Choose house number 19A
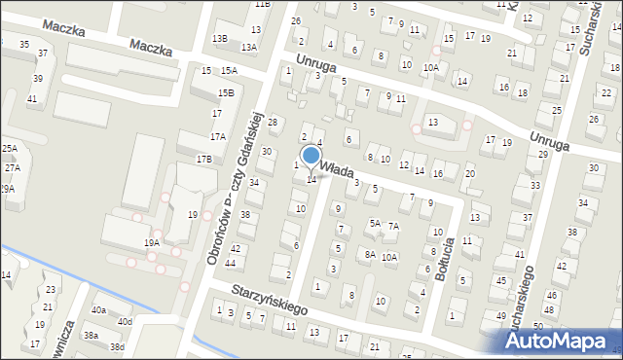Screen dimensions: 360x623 pos(152,242)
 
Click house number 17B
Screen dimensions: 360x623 pos(203,159)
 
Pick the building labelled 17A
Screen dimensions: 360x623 pos(217,137)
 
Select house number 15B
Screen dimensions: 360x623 pos(225,92)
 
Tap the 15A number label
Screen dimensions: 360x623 pos(228,71)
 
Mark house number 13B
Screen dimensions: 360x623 pos(220,38)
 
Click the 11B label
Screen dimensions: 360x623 pos(263,4)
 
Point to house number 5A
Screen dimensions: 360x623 pos(374,223)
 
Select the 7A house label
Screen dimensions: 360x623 pos(393,226)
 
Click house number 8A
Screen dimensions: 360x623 pos(370,254)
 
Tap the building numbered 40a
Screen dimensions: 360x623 pos(98,309)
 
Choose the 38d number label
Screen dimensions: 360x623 pos(117,346)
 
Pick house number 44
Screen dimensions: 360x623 pos(230,264)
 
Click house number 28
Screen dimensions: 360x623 pos(273,122)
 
